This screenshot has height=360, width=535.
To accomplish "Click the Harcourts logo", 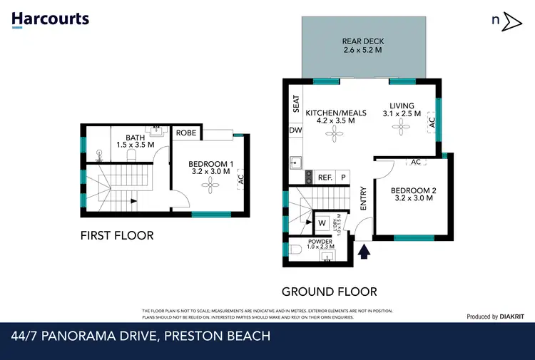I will [x=50, y=19].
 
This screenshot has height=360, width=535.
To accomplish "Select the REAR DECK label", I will [x=362, y=46].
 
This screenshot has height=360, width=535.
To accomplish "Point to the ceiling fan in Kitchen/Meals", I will [x=331, y=135].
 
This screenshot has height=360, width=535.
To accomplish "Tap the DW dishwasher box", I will [x=295, y=130].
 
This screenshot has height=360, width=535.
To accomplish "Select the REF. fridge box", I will [x=325, y=178].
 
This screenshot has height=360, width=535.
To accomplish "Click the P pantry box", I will [x=343, y=178].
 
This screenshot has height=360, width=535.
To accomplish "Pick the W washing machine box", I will [x=322, y=222].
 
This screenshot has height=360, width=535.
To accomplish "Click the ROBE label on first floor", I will [x=186, y=133].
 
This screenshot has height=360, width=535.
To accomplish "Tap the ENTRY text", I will [x=363, y=198].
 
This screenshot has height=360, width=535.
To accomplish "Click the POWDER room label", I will [x=320, y=242].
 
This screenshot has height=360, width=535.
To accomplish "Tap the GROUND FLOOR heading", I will [x=329, y=292].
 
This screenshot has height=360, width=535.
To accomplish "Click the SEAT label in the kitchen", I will [x=295, y=106].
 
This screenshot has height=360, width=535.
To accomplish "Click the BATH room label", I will [x=136, y=138].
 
